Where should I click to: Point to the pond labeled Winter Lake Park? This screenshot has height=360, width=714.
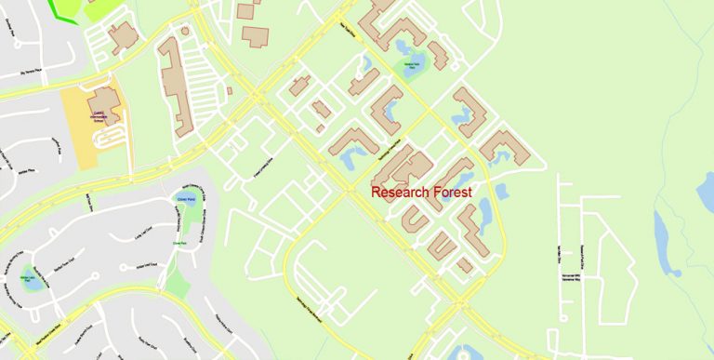(x=33, y=279)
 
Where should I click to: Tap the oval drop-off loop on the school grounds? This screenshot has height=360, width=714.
(x=110, y=138)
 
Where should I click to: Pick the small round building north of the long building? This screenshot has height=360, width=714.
(x=184, y=32)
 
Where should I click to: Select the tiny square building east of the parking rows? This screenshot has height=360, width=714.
(x=229, y=91)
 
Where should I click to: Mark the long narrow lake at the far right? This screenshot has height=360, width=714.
(x=662, y=237)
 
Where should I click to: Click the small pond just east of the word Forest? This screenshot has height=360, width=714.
(x=502, y=192)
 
